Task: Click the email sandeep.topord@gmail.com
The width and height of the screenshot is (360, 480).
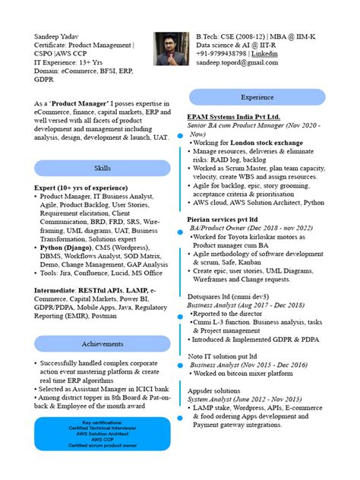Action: pos(236,64)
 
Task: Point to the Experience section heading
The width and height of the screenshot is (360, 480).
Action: pos(257,97)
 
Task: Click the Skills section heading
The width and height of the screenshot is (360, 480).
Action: pos(102,168)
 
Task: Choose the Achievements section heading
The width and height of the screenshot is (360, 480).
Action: pos(102,344)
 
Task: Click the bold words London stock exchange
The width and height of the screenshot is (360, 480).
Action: pos(257,143)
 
